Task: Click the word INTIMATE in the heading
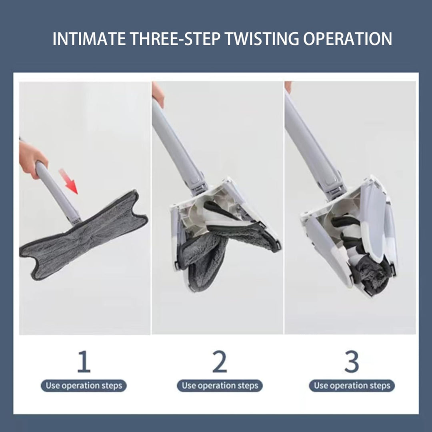(x=89, y=38)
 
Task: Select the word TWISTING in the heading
(x=262, y=38)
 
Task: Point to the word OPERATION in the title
(x=348, y=38)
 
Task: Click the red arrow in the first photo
(x=69, y=182)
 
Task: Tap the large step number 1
(x=84, y=361)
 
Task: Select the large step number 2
(x=220, y=361)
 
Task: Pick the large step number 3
(x=352, y=361)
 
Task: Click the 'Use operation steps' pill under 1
(x=84, y=386)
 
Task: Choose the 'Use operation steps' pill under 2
(x=220, y=386)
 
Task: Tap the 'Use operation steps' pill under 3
(x=352, y=386)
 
